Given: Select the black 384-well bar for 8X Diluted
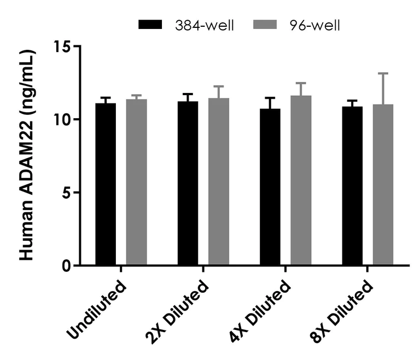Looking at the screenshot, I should click(352, 186).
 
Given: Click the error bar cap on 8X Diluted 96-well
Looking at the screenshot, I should click(383, 73).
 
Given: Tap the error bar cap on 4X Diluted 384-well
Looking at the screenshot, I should click(270, 98).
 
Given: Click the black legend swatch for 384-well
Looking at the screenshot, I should click(151, 25).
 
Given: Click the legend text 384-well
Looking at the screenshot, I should click(205, 25).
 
